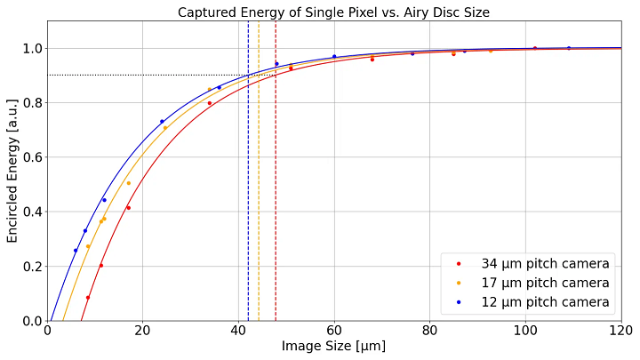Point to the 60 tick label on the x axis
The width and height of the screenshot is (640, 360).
click(334, 331)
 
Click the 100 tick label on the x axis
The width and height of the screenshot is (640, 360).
click(525, 331)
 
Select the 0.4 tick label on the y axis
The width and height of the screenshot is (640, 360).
click(31, 212)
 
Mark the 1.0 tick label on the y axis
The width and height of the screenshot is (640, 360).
click(31, 48)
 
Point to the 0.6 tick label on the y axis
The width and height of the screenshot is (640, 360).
click(31, 157)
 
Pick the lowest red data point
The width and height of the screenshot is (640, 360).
click(88, 298)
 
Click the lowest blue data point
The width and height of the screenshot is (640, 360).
click(76, 251)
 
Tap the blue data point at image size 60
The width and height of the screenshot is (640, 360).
click(334, 57)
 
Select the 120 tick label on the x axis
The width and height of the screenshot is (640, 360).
click(620, 331)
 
